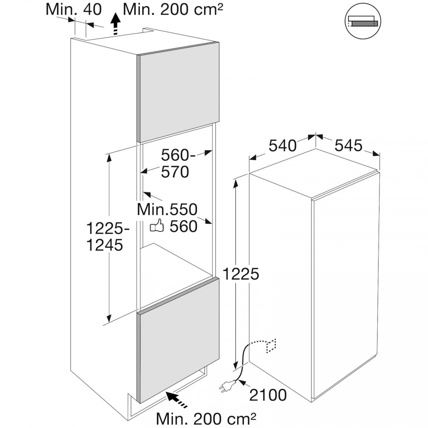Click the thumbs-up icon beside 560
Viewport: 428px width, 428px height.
coord(157,225)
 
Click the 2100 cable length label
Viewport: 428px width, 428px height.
coord(268,395)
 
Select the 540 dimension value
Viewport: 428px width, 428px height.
coord(282,146)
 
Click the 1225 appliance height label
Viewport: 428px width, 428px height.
coord(241,274)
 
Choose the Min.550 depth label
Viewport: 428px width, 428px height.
coord(167,209)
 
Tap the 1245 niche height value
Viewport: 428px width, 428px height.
coord(105,245)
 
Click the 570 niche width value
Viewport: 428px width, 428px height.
coord(175,172)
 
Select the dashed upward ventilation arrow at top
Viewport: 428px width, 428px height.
coord(117,24)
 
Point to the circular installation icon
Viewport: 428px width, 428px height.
coord(363,21)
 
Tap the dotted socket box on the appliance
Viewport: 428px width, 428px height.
coord(271,346)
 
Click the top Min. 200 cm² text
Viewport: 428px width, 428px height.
coord(173,10)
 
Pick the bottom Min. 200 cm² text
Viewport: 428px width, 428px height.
coord(206,418)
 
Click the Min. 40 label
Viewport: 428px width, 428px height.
coord(74,10)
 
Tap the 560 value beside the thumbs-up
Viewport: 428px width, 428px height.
coord(184,226)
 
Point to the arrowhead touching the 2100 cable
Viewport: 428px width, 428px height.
coord(241,380)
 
